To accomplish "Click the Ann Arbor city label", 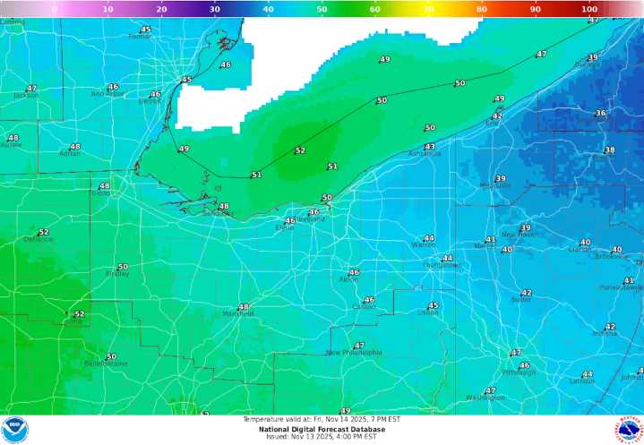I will [107, 94].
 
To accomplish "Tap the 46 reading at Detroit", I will [156, 94].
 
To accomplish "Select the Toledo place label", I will [100, 193].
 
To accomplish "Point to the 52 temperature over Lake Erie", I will [300, 150].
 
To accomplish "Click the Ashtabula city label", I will [425, 154].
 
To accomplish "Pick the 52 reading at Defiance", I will [43, 232].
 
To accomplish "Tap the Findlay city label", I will [117, 274].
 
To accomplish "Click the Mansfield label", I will [237, 314].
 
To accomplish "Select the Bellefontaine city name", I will [106, 364].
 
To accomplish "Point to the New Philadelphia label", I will [354, 353].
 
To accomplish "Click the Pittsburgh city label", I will [519, 372].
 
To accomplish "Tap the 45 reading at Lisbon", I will [434, 305].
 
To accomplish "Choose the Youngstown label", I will [440, 266].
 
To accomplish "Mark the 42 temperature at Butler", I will [527, 293].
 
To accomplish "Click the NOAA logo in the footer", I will [14, 430].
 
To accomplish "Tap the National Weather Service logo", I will [629, 430].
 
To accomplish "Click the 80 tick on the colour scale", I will [482, 9].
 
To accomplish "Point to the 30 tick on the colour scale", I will [214, 9].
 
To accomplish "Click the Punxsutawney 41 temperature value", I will [629, 280].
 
